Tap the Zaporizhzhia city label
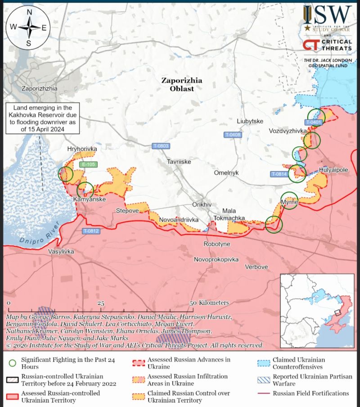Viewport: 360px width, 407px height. [40, 89]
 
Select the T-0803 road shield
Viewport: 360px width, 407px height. [161, 145]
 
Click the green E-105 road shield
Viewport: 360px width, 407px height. [88, 165]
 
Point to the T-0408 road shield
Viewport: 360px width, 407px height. [233, 135]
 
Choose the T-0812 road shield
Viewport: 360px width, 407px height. [90, 231]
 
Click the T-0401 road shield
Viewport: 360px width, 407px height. [313, 122]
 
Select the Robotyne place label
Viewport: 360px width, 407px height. [217, 244]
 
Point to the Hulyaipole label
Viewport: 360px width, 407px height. [333, 170]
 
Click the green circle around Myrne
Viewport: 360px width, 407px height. [289, 201]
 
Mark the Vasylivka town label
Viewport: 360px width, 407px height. [61, 252]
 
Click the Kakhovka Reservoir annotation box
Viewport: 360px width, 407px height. [42, 118]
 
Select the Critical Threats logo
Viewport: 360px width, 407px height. [327, 44]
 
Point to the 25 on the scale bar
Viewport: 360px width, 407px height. [101, 303]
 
